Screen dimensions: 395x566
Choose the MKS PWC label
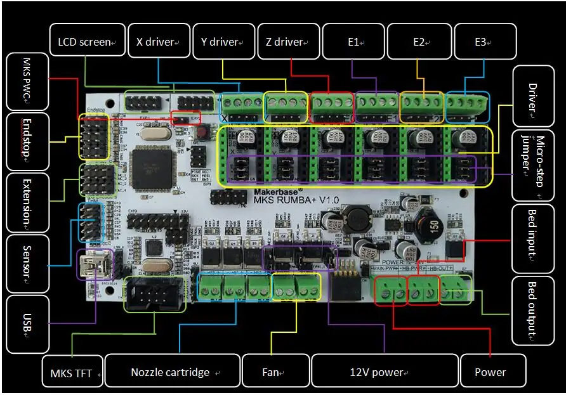point(26,83)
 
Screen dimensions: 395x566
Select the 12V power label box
point(385,372)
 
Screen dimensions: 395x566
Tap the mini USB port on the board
point(93,263)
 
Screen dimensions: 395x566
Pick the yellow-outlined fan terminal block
point(297,287)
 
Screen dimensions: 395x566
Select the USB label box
point(26,323)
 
